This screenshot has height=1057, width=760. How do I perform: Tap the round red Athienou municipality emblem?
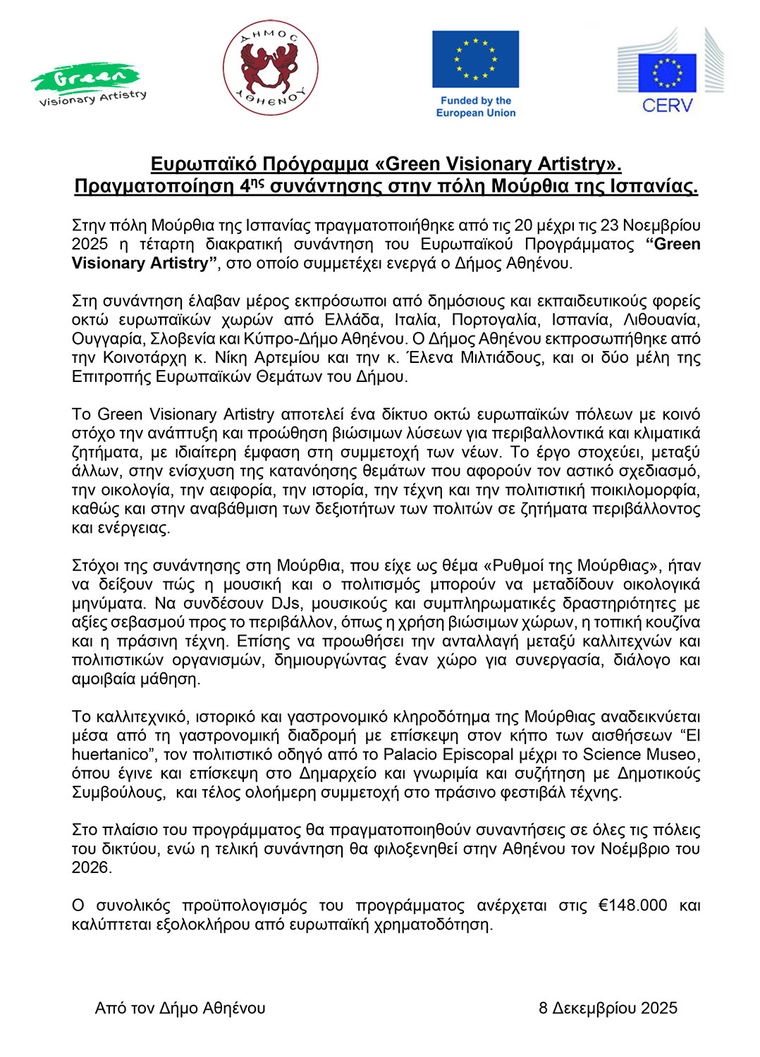point(271,67)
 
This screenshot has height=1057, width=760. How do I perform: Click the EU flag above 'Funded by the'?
point(475,58)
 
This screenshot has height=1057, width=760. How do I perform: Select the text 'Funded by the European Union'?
point(476,107)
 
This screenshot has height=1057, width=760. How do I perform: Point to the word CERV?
point(667,106)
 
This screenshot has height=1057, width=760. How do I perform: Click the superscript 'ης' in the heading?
point(258,183)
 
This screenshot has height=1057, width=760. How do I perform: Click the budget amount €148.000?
point(632,905)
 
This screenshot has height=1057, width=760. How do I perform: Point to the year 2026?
point(92,867)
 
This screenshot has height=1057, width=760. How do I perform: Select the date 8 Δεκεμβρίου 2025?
point(608,1008)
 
